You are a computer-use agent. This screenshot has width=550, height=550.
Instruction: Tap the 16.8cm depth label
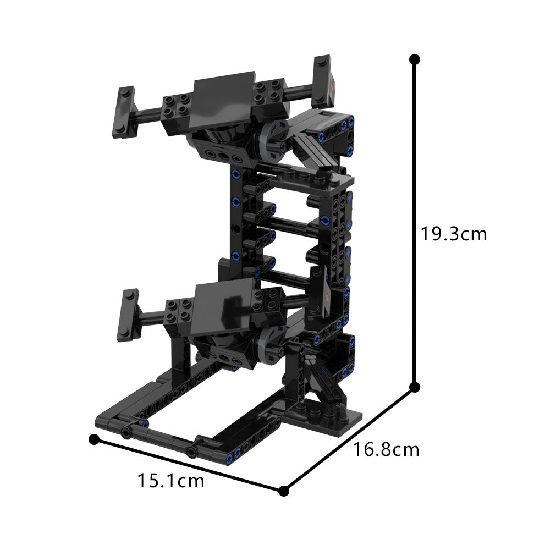(x=386, y=449)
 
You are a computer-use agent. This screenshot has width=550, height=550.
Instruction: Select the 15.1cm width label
(x=170, y=481)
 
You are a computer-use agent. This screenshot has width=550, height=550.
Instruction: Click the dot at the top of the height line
(x=415, y=58)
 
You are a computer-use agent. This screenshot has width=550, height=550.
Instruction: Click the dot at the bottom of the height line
(x=415, y=386)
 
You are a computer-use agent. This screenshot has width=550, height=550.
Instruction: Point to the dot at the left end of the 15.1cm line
(x=94, y=439)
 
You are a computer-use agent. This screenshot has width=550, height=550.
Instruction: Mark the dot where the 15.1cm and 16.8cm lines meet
(x=284, y=491)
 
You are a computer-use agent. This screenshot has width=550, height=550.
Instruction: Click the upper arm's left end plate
(x=127, y=112)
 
